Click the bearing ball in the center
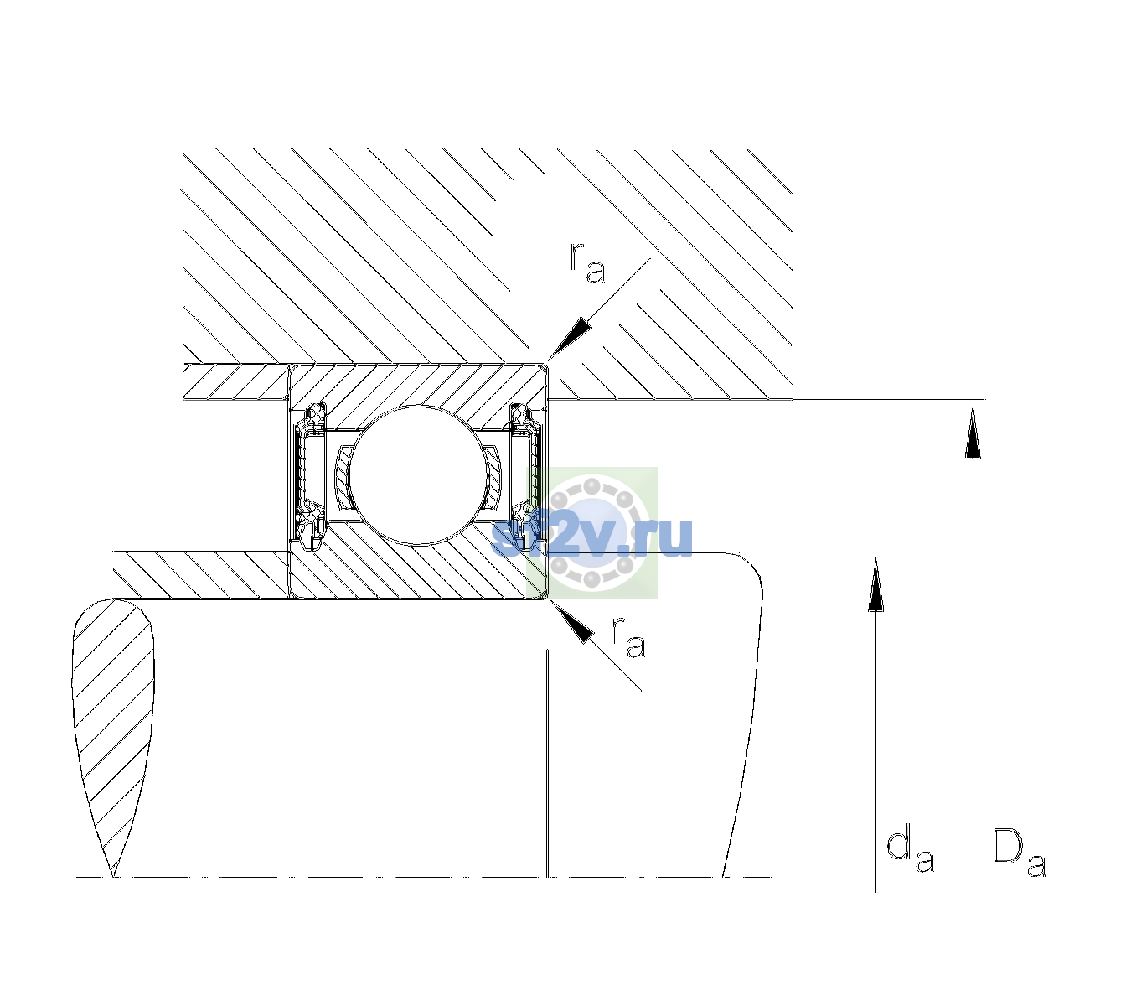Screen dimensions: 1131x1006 (x=417, y=474)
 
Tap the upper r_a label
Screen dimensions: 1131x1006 (x=587, y=263)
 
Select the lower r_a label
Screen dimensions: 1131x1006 (x=627, y=637)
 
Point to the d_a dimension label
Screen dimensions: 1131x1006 (x=910, y=853)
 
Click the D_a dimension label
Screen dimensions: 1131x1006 (x=1019, y=854)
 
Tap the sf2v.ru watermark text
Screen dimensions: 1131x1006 (x=592, y=537)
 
